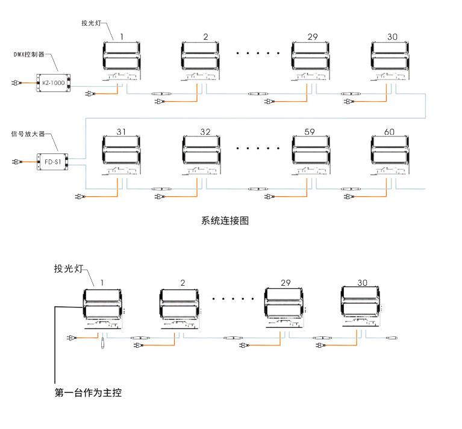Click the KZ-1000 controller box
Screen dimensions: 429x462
click(54, 82)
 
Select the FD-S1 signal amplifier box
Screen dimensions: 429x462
click(53, 161)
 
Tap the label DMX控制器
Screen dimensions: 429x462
click(33, 54)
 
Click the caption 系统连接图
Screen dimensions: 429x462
click(225, 220)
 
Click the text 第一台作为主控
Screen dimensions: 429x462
click(88, 394)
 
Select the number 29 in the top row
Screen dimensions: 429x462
click(312, 37)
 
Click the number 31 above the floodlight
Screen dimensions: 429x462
click(121, 132)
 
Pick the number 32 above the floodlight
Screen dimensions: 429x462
click(205, 132)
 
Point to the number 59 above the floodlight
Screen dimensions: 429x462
click(310, 132)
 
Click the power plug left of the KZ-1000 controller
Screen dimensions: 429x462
click(14, 83)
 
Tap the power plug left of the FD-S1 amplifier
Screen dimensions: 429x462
click(14, 162)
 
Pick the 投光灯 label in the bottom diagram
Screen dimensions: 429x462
click(67, 268)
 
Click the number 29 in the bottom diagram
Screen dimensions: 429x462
click(286, 282)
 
